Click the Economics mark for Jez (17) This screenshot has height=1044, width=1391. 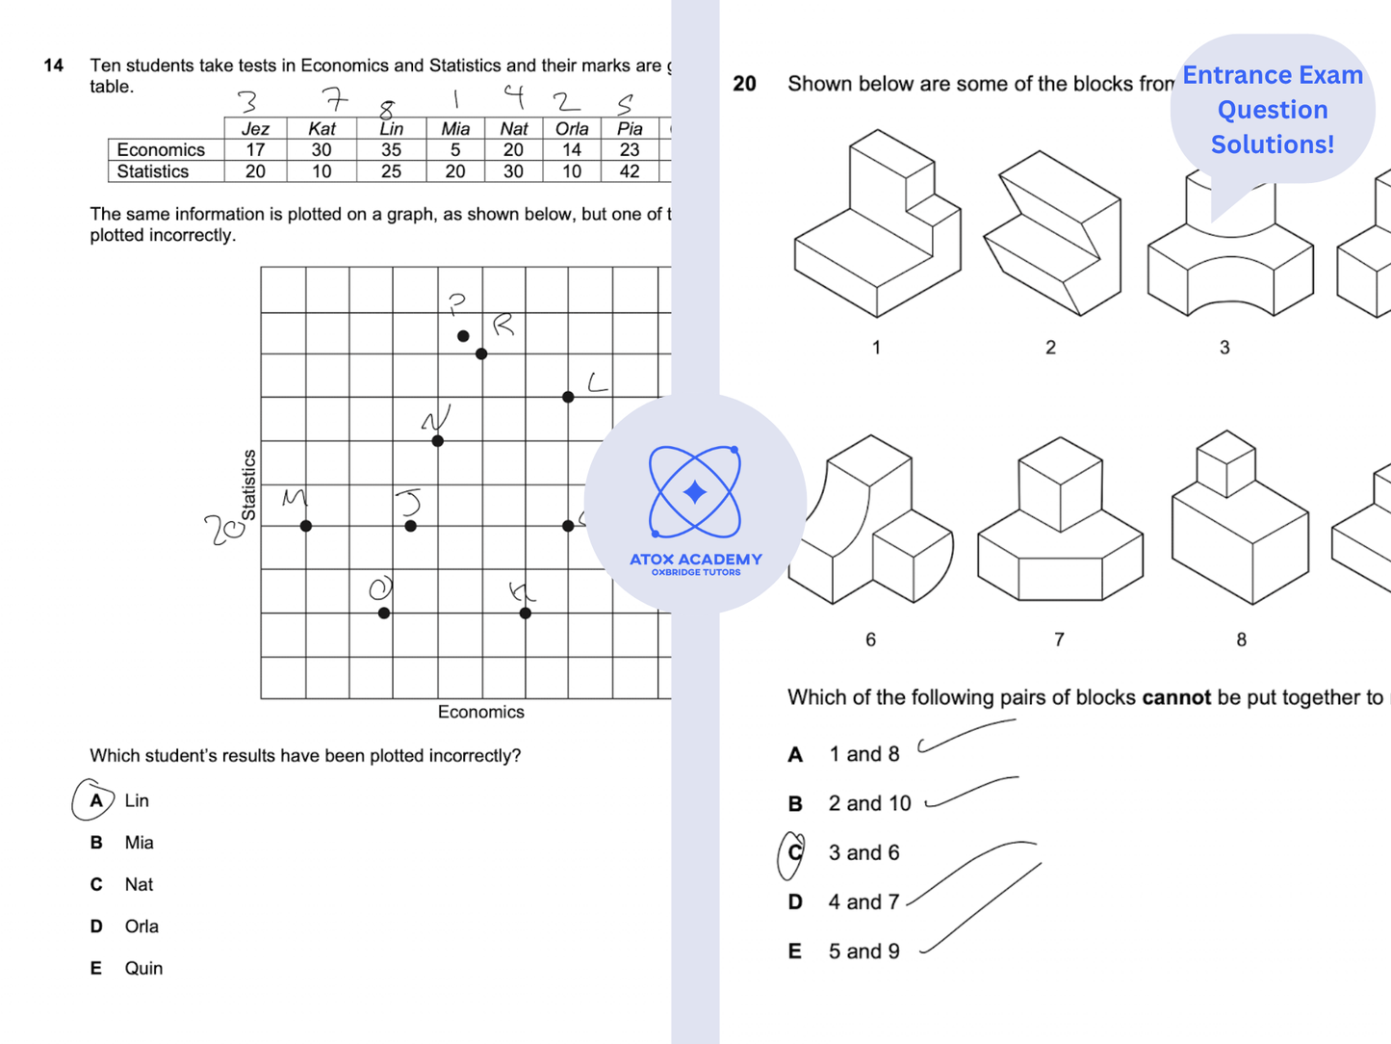255,150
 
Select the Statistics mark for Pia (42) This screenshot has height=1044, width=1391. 630,171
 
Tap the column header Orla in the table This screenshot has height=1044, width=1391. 572,129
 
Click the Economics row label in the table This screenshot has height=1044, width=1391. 161,150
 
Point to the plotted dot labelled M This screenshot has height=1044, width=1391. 306,526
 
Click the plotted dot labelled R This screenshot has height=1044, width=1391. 481,353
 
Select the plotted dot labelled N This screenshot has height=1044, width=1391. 438,441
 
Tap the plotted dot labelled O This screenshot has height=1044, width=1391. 384,613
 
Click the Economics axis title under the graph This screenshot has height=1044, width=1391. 480,712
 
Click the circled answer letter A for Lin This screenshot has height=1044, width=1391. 96,800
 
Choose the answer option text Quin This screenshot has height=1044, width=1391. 143,968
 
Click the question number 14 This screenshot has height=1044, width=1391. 54,65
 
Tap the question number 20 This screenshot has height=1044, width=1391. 744,84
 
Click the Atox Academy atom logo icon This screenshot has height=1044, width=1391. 695,492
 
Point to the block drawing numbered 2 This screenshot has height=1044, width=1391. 1052,234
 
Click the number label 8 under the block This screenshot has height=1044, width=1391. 1241,639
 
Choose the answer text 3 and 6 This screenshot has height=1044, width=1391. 863,853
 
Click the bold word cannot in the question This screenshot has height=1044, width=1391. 1175,697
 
